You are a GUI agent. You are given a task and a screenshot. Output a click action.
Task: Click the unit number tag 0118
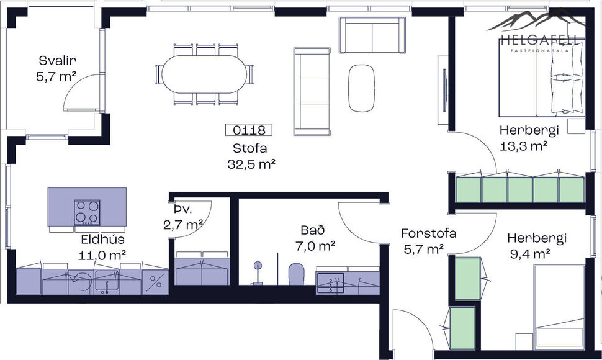coord(248,130)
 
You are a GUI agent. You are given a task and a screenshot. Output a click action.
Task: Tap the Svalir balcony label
coord(57,61)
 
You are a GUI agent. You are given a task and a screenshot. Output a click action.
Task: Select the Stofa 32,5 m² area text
coord(250,156)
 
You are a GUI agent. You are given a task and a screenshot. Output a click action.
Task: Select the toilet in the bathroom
coord(297,274)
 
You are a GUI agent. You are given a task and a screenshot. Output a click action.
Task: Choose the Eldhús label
coord(102,240)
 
